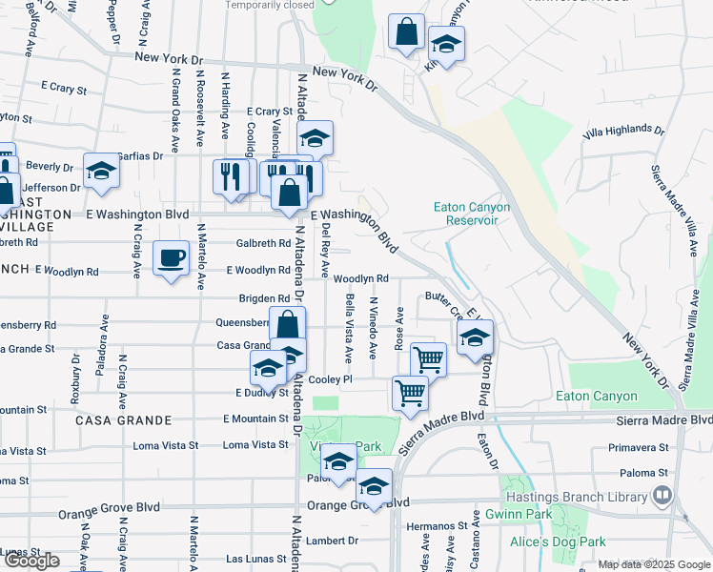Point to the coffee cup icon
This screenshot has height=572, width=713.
171,258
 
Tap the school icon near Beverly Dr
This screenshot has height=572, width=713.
101,172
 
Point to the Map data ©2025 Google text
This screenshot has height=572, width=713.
653,564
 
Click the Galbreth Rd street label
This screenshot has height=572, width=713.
263,243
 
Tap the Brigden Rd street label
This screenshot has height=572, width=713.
264,298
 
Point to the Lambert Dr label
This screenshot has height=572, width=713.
333,541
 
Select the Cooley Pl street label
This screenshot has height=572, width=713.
331,379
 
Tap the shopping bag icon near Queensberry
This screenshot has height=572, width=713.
287,324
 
